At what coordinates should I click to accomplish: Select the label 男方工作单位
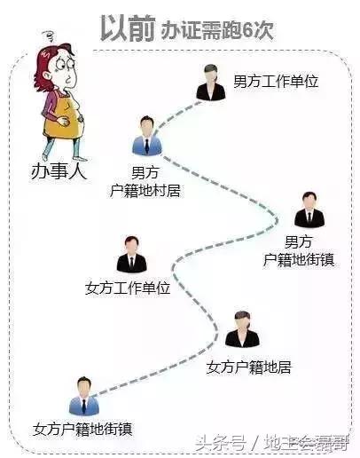tap(274, 81)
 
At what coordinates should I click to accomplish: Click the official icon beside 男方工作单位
tap(211, 83)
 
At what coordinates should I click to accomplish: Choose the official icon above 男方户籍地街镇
tap(309, 209)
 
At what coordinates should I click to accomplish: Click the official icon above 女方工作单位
tap(131, 255)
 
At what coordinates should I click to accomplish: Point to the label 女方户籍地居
tap(248, 366)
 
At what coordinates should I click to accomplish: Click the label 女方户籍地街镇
tap(82, 429)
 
